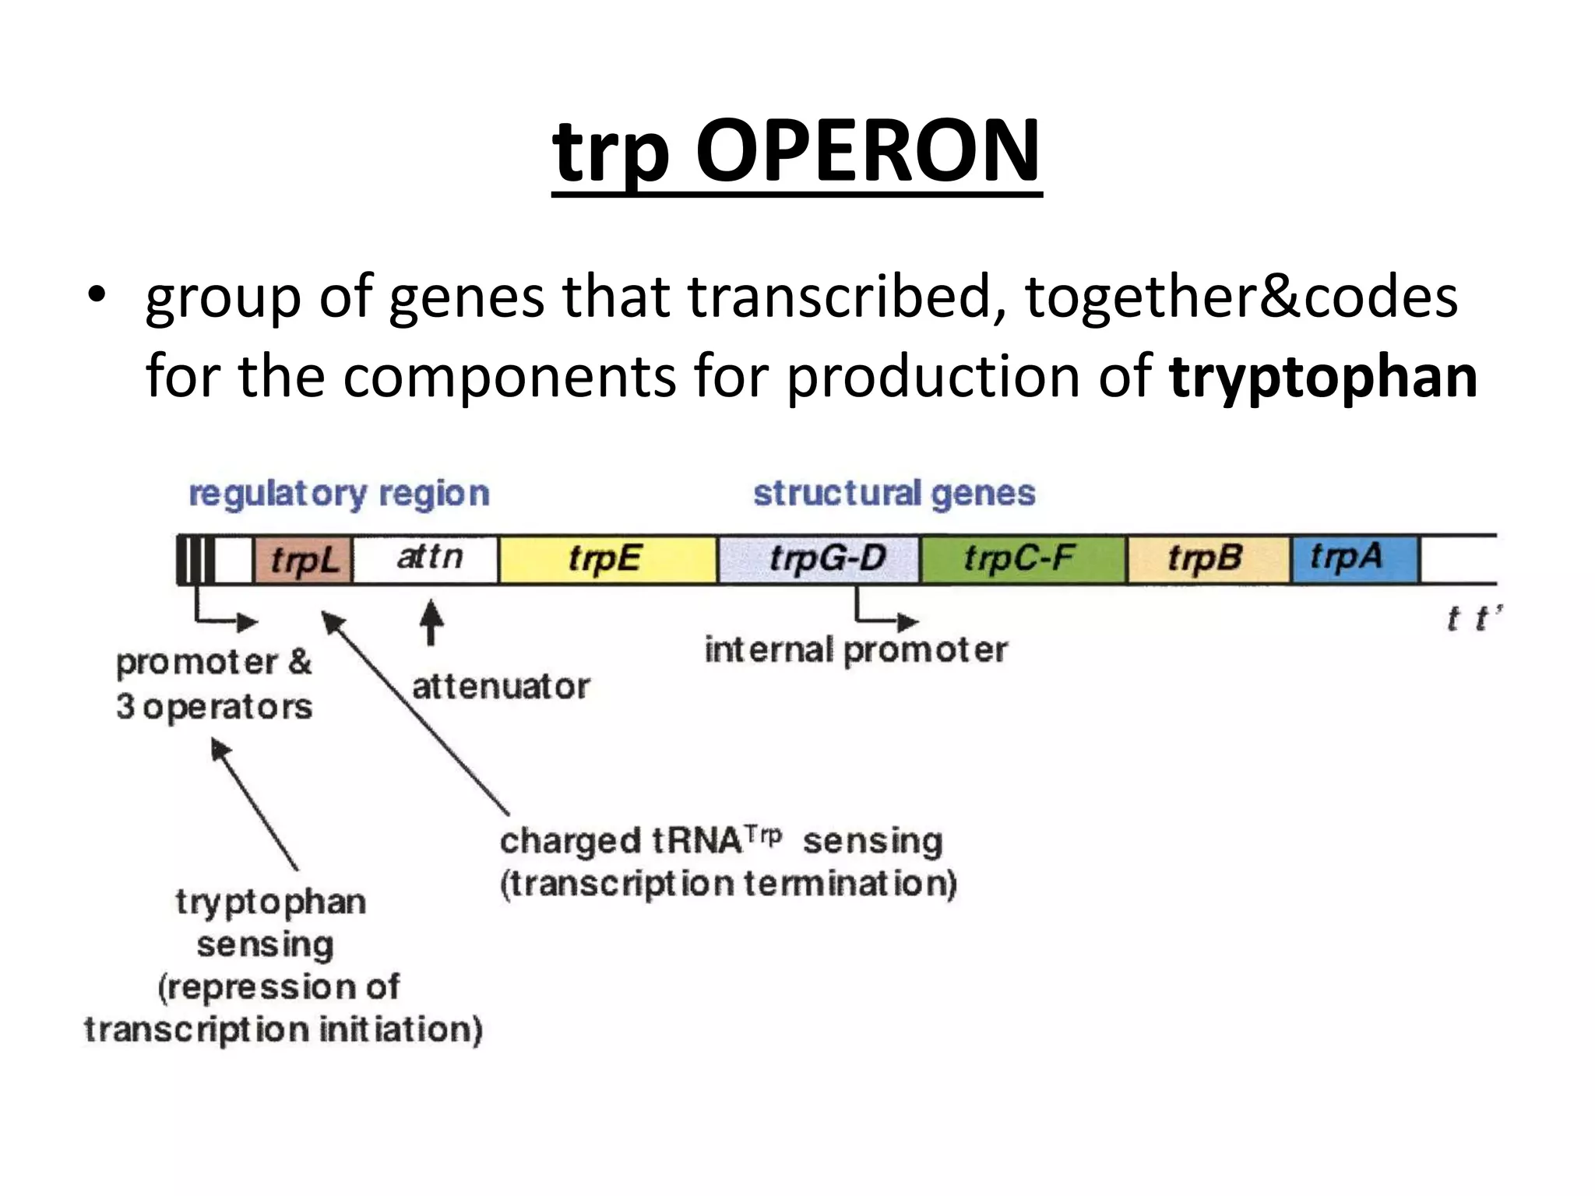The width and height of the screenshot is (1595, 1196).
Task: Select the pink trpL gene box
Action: [303, 560]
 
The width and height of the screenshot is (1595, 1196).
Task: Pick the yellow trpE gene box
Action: [606, 559]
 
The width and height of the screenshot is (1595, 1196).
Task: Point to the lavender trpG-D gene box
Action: [818, 559]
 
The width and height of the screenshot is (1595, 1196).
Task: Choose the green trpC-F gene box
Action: [1022, 559]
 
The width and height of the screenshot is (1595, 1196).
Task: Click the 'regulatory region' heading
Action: [339, 494]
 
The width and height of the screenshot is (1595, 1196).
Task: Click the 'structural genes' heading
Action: [894, 494]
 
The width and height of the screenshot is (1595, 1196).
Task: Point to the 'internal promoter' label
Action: [855, 650]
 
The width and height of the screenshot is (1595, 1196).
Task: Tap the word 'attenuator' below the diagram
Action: [501, 687]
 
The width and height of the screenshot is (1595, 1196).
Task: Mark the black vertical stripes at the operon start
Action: [196, 560]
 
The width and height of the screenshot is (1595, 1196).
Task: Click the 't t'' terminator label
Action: [1472, 619]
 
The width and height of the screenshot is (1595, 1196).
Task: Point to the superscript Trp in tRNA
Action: [763, 835]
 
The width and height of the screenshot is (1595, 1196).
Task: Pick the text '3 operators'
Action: [214, 707]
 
